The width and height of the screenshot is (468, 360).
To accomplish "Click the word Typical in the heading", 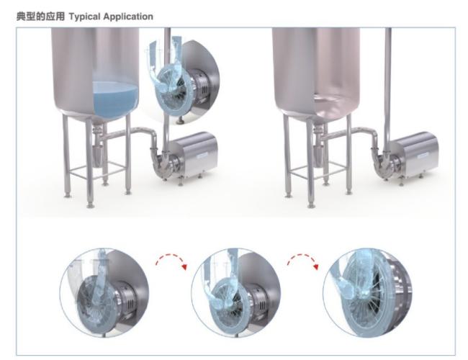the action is coord(85,17).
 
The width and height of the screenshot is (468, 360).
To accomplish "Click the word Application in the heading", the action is coord(128,17).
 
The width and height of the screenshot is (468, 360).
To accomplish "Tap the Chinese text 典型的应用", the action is coord(40,16).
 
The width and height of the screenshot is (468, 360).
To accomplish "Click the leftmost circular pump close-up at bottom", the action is coord(104,292).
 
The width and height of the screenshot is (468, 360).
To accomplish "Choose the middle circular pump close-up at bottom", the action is coord(235,292).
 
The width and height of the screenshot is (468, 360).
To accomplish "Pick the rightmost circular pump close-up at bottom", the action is coord(367,292).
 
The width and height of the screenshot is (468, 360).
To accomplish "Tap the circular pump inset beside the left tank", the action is coord(183,82).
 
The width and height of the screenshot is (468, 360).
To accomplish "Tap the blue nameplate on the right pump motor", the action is coord(423,156).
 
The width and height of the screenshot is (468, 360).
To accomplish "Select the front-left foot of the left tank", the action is coord(90,205).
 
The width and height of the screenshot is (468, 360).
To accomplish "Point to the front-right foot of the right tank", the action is coord(348,192).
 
